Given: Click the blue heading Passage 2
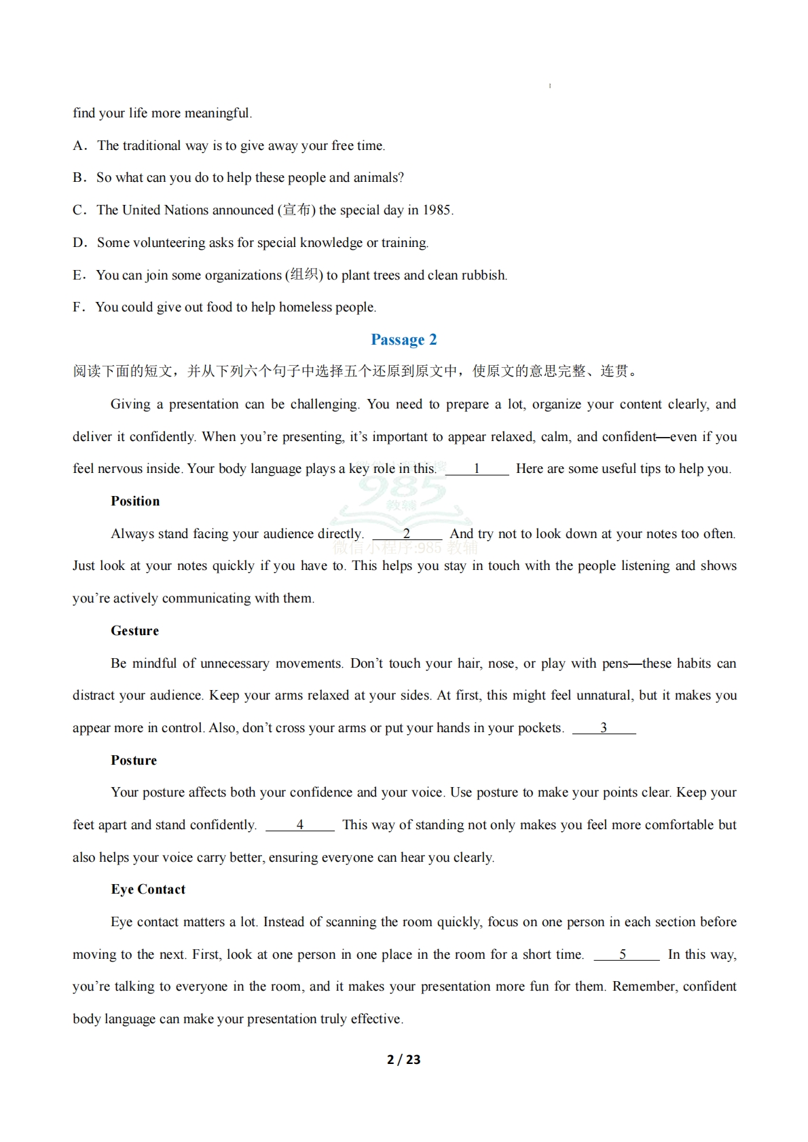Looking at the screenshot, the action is [x=403, y=339].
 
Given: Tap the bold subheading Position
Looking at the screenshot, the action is [x=135, y=501].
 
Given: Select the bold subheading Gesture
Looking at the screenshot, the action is [x=134, y=631].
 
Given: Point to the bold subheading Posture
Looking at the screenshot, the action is [x=134, y=761].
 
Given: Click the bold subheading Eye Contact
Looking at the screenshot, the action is [x=148, y=890].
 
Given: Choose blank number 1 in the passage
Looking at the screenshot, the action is [x=477, y=469].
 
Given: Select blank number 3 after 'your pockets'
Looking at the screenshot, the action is [x=604, y=728].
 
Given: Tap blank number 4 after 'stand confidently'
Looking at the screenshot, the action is [x=299, y=825].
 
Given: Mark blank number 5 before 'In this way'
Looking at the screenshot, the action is [x=623, y=955].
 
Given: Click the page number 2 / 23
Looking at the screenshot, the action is [x=403, y=1059].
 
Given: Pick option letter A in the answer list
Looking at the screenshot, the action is [x=79, y=146].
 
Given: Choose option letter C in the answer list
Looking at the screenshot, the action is [x=79, y=210].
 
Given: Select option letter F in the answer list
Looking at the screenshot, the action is [x=78, y=307].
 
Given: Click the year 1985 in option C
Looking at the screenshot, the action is [x=437, y=210].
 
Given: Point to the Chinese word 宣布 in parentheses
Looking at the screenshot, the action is [x=296, y=210].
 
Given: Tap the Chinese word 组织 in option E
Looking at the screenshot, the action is [x=304, y=275].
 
